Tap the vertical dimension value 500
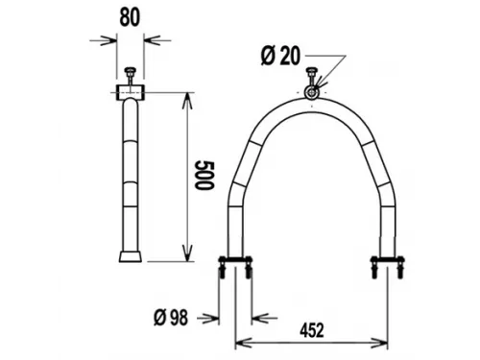click(x=202, y=177)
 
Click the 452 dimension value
click(x=309, y=329)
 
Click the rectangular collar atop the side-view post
click(x=130, y=92)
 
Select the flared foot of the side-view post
click(x=130, y=257)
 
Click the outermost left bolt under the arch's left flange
click(x=223, y=272)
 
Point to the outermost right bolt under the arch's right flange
click(x=398, y=272)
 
